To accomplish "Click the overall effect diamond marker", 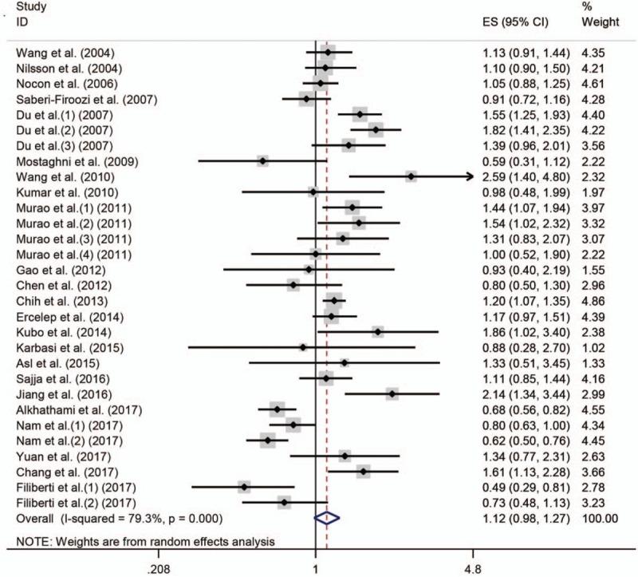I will [327, 518].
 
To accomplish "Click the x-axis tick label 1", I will [316, 569].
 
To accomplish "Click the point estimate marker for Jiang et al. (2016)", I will [392, 393].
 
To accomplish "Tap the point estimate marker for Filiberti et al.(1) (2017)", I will [244, 487].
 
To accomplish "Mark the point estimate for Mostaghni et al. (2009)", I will [262, 160].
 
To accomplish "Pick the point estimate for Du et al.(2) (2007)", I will [376, 129].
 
